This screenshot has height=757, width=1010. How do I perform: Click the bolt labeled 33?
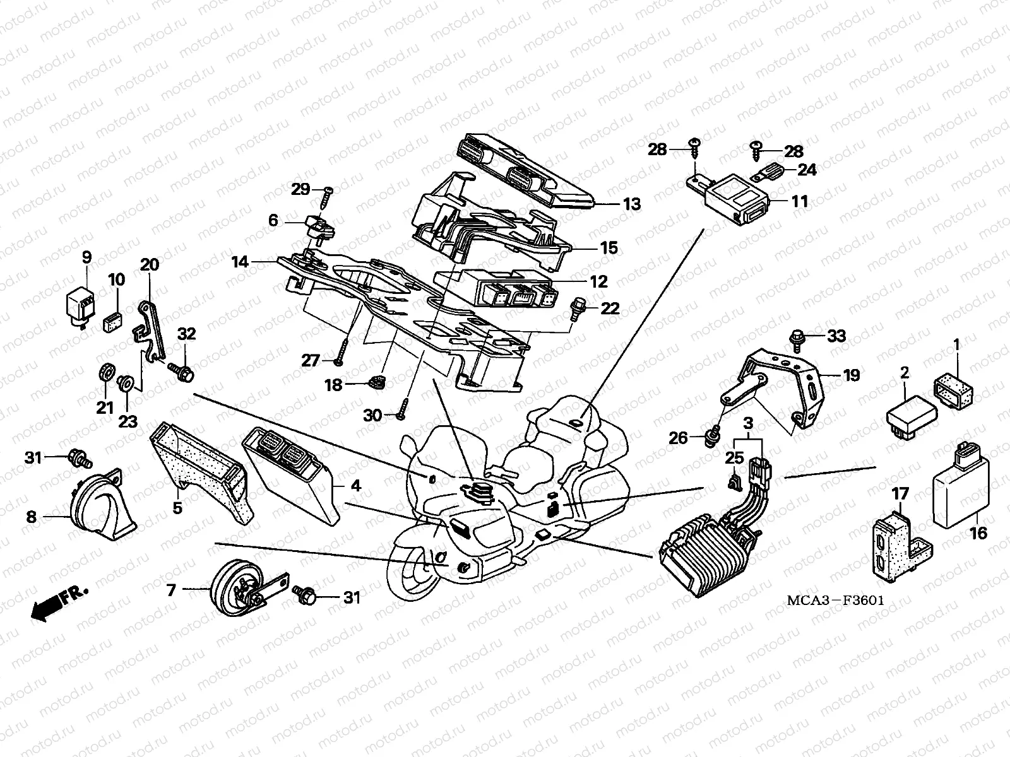(x=797, y=336)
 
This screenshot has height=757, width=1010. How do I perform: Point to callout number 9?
(x=86, y=257)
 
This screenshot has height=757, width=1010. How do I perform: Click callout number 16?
(x=978, y=534)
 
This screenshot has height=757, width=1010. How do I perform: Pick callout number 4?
(x=355, y=486)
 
